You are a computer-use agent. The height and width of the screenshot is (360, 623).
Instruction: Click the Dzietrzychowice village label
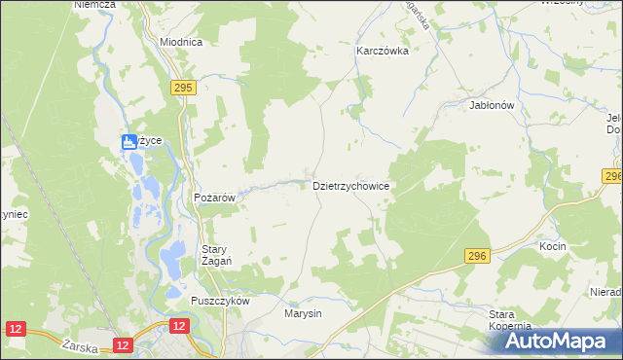350,184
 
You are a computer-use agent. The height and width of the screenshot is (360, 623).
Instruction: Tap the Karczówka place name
381,51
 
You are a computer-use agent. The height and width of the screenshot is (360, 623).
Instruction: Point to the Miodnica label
180,43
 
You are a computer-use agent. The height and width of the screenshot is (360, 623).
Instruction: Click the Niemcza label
94,5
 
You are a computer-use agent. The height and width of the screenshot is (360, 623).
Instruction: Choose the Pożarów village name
216,198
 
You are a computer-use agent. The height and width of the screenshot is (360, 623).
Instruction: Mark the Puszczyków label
221,301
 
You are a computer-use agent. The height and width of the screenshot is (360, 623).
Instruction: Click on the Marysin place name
303,314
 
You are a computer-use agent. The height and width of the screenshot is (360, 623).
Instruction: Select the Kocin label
552,247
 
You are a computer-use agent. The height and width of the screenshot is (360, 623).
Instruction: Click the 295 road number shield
184,88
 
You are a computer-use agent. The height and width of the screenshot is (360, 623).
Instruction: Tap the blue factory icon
128,143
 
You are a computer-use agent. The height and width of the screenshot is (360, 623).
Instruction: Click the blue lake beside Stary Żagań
171,258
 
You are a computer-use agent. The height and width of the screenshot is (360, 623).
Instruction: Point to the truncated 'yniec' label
12,213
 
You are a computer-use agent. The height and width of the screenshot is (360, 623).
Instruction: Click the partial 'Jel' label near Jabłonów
613,118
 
